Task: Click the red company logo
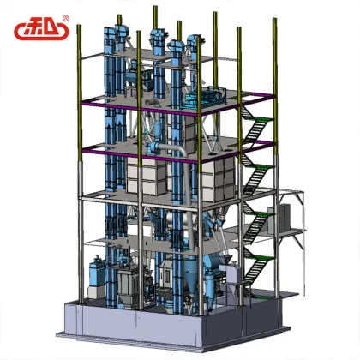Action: [x=40, y=30]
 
